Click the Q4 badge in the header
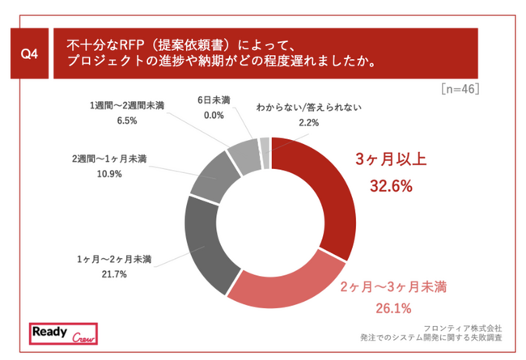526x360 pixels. pyautogui.click(x=29, y=53)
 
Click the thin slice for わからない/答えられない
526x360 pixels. pyautogui.click(x=265, y=143)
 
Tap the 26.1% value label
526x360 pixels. pyautogui.click(x=392, y=307)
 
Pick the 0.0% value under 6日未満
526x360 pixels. pyautogui.click(x=213, y=115)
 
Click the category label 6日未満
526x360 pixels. pyautogui.click(x=214, y=100)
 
